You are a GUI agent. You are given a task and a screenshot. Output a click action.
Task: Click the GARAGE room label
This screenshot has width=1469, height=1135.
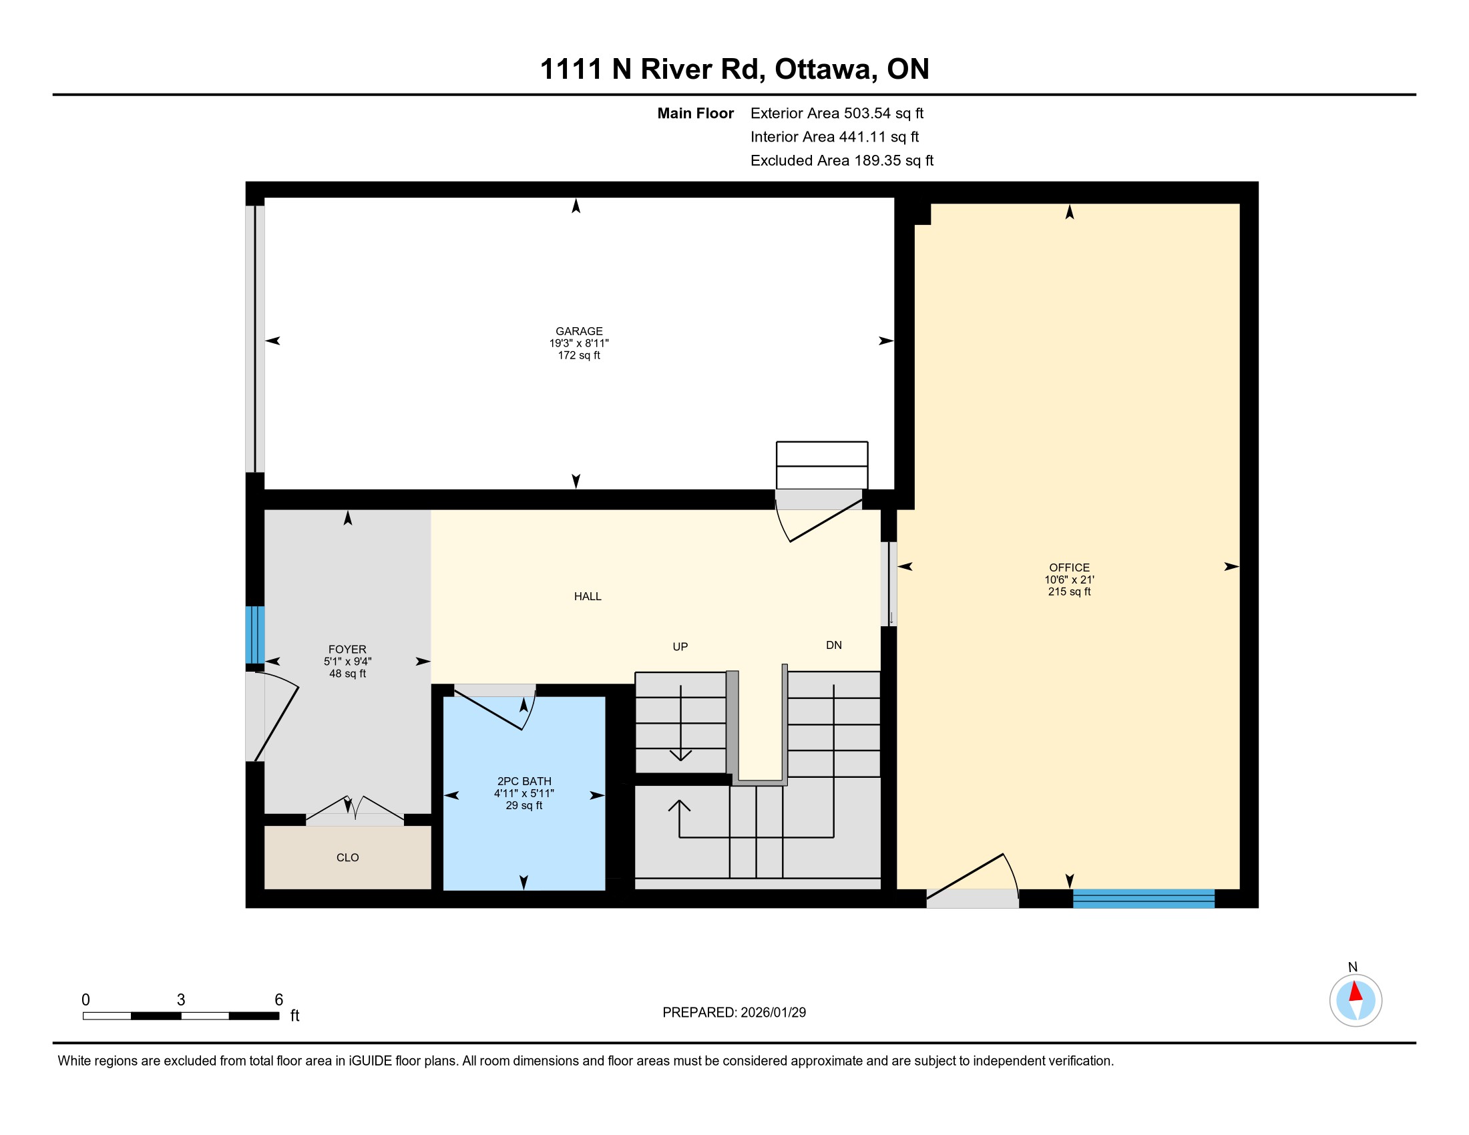[578, 330]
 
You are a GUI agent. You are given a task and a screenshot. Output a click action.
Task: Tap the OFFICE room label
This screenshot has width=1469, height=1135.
[1069, 567]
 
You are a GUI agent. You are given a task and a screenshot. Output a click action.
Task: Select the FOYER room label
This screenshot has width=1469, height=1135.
[347, 649]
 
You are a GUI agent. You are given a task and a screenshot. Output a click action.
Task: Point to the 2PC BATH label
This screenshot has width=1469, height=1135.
[524, 780]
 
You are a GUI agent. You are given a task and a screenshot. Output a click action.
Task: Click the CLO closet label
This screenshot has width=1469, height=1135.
[347, 857]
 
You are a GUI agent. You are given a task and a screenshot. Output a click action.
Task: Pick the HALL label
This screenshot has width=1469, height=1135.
[587, 596]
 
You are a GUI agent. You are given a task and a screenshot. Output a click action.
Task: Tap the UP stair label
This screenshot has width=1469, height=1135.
[680, 647]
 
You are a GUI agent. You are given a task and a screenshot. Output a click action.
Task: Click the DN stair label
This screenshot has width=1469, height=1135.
[833, 646]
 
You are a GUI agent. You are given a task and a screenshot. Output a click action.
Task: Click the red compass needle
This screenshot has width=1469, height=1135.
[1355, 991]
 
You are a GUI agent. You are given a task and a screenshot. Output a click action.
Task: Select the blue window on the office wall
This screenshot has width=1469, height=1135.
[1143, 898]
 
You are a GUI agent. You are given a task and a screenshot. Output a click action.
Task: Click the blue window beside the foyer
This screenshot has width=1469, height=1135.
[255, 635]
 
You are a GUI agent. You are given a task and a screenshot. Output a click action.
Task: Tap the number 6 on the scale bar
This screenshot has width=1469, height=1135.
[278, 1000]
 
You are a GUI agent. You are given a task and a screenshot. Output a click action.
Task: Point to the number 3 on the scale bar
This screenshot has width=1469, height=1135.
[181, 1000]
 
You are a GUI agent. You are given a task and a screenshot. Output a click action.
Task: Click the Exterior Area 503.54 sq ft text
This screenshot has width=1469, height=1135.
[837, 113]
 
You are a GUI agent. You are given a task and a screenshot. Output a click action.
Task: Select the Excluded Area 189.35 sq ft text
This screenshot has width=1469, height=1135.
[841, 161]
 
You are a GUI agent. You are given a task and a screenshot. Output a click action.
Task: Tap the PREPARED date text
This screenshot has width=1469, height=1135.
[734, 1013]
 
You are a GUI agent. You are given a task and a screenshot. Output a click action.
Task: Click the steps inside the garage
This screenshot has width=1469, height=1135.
[822, 465]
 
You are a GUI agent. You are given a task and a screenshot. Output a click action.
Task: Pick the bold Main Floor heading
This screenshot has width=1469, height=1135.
[695, 113]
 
